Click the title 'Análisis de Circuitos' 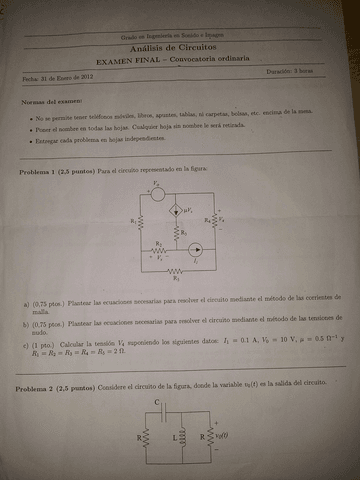[180, 46]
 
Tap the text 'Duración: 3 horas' [289, 72]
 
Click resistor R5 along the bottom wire [177, 270]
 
